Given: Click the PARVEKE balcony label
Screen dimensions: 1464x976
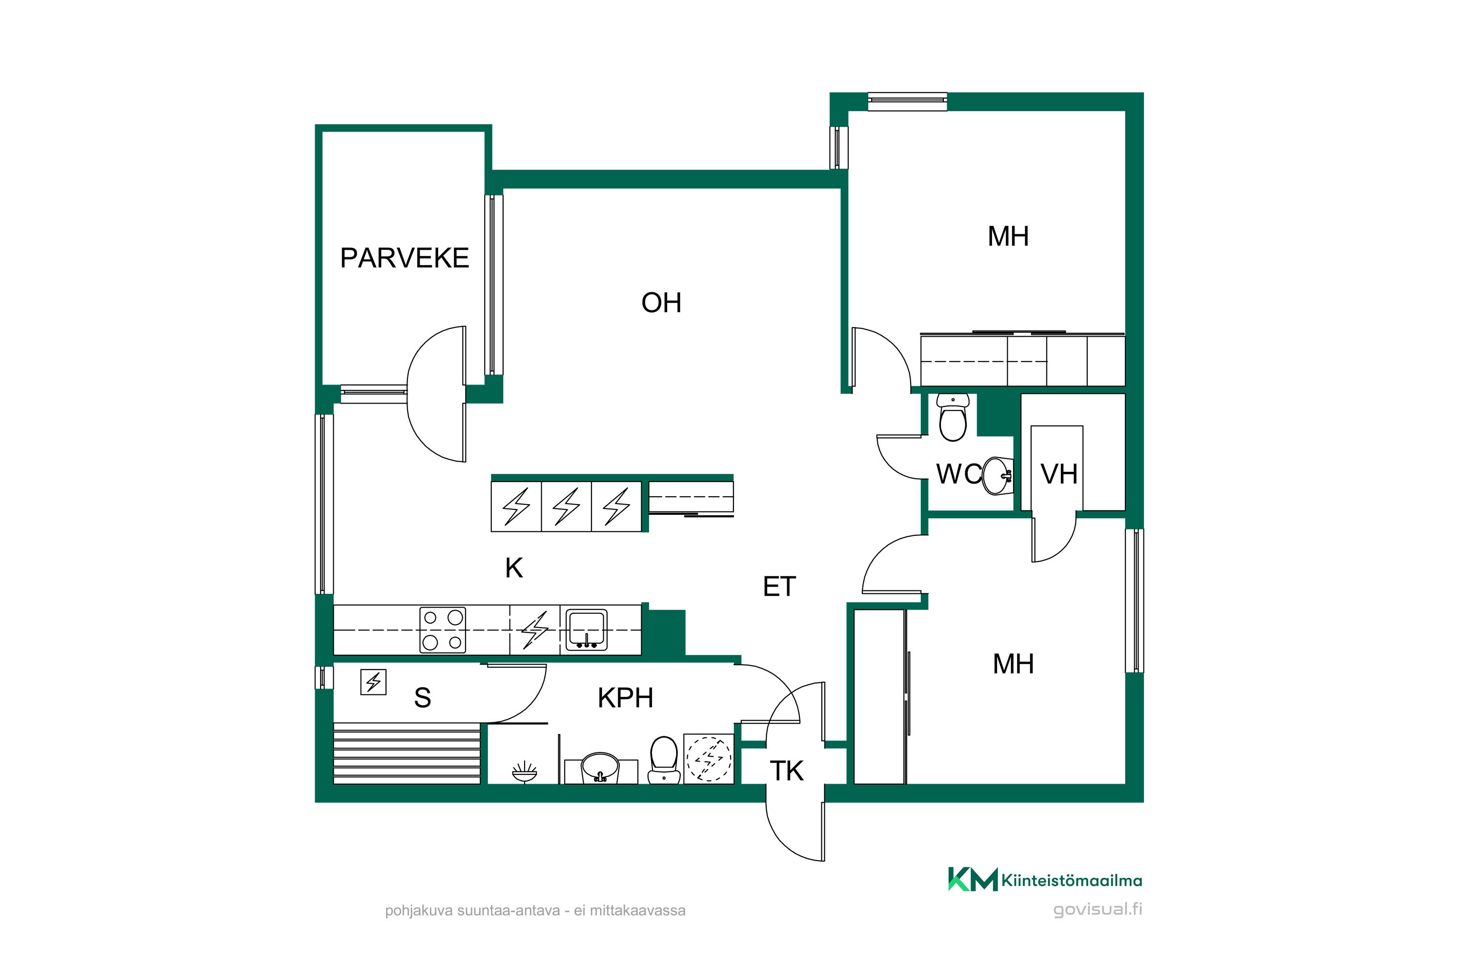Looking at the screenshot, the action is coord(405,258).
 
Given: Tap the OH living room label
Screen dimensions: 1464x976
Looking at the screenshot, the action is coord(661,303).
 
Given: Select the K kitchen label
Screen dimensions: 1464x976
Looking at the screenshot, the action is coord(514,568).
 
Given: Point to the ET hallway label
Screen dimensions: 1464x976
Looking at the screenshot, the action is coord(779,587).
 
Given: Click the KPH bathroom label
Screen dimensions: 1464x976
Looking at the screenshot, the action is coord(626,698).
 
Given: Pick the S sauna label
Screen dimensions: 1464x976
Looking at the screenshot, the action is coord(423,698).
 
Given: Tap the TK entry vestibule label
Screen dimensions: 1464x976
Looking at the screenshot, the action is coord(787,771).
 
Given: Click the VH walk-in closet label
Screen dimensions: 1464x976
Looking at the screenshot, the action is coord(1059,474).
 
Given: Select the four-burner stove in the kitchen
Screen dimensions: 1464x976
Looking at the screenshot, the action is coord(443,630).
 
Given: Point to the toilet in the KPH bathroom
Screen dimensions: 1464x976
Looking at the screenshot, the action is coord(664,760).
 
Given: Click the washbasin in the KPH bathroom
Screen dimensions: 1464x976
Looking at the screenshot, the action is coord(600,768).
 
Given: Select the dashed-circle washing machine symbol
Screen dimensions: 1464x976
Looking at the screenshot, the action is coord(709,759).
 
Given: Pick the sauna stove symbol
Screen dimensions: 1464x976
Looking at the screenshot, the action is coord(373,682).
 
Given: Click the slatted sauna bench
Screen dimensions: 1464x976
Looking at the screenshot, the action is coord(407,753).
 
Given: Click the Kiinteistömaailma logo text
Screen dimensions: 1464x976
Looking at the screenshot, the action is coord(1071,881).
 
